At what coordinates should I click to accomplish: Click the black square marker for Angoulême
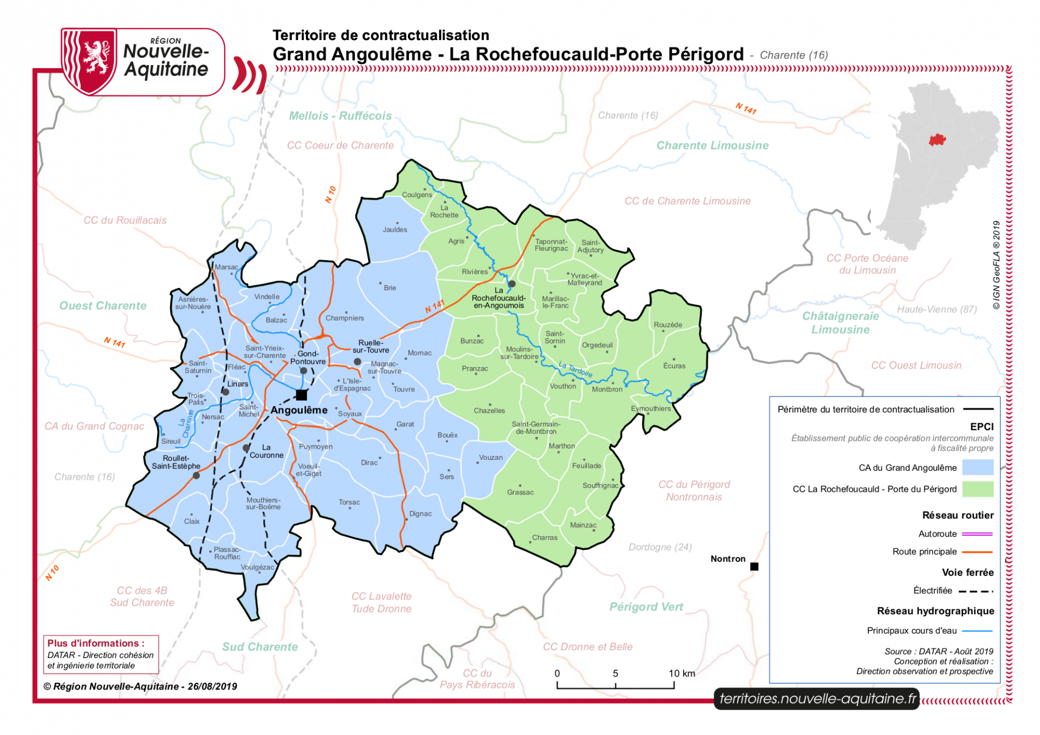click(x=301, y=395)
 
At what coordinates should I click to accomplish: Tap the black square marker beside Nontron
click(x=754, y=567)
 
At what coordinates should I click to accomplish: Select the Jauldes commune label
click(x=395, y=230)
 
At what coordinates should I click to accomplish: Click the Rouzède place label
click(x=668, y=325)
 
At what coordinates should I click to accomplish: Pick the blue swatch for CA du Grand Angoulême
click(x=977, y=467)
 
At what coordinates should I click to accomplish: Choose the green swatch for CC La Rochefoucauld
click(x=977, y=489)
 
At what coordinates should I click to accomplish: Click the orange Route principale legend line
click(x=977, y=552)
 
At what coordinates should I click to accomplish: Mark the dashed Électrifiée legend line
click(x=976, y=591)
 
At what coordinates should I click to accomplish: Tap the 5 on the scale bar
click(x=615, y=674)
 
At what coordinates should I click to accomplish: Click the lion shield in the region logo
click(x=90, y=61)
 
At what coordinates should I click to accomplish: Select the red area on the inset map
click(x=937, y=140)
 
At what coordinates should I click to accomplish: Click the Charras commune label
click(x=544, y=538)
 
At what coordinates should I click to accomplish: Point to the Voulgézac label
click(x=258, y=568)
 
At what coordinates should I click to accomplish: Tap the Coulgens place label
click(x=417, y=195)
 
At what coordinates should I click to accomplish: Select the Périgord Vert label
click(x=646, y=607)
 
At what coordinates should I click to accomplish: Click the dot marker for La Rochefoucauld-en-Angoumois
click(x=511, y=284)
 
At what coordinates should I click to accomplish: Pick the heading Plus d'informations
click(x=96, y=643)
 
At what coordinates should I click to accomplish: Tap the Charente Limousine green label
click(x=712, y=146)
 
